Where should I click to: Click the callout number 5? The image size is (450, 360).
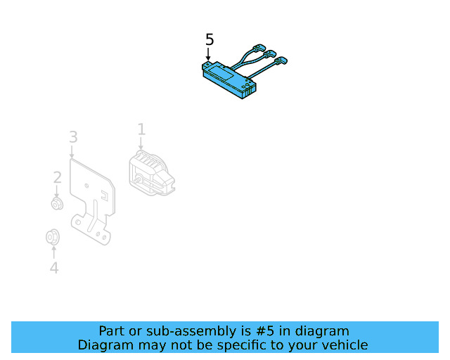tap(209, 39)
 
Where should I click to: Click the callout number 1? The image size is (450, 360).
tap(141, 129)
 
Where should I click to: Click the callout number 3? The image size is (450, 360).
tap(73, 136)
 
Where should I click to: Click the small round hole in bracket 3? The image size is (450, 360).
tap(86, 186)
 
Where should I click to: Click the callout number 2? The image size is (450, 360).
tap(57, 177)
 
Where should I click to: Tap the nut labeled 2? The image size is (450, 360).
tap(57, 204)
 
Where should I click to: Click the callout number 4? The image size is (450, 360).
tap(53, 267)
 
